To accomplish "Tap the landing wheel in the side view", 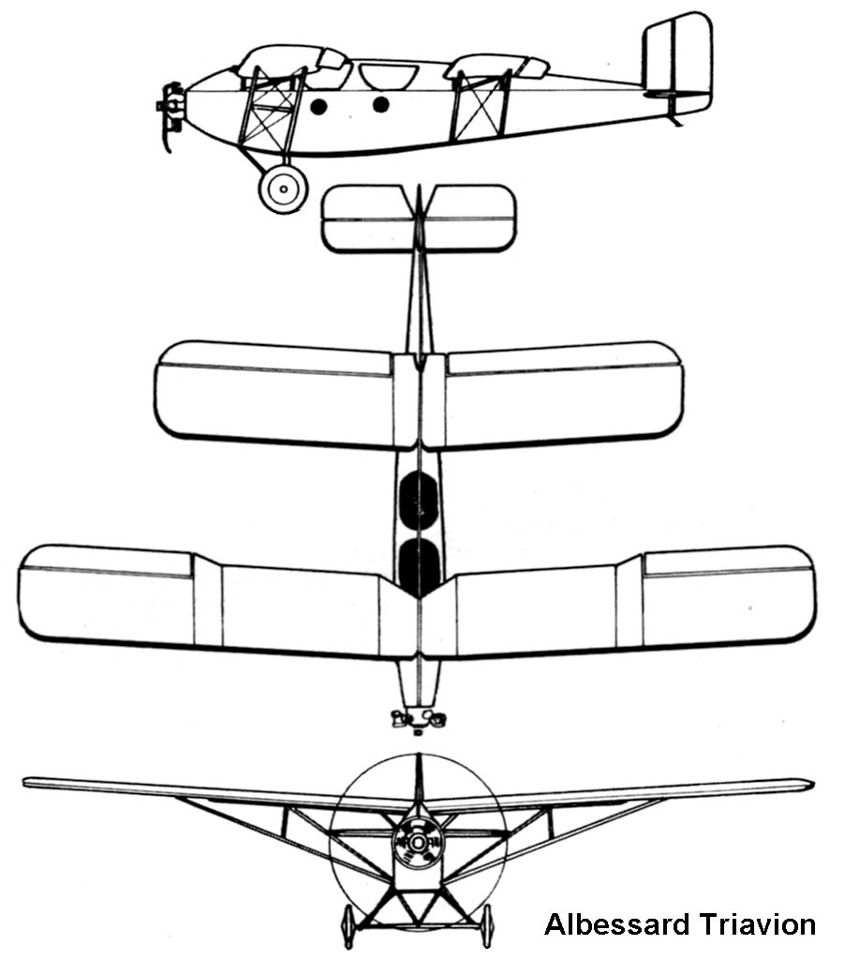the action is point(283,188).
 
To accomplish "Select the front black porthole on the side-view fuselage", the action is point(318,107).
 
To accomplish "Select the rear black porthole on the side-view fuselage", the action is point(380,105).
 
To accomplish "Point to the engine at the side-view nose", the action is point(170,116).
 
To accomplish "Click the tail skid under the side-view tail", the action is point(674,119).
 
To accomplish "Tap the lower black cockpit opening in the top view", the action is point(419,568).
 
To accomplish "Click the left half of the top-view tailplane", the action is point(368,218).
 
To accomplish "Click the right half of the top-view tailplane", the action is point(469,218).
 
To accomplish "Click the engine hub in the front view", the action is point(418,843).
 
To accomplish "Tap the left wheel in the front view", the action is point(348,926).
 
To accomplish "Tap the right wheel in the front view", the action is point(487,926).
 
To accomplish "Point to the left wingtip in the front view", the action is point(24,782).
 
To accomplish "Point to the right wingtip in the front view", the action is point(812,783).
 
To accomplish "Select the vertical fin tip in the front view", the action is point(419,755).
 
